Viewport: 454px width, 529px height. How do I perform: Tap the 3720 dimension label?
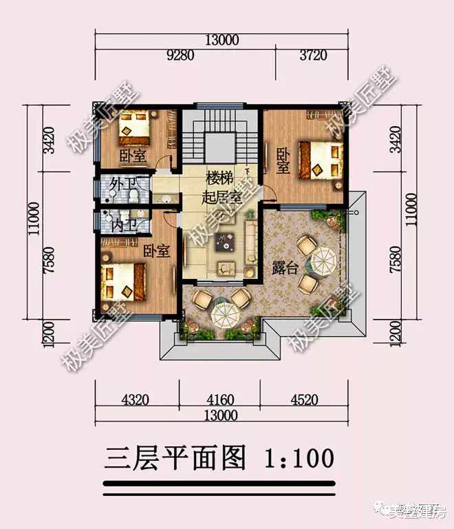pyautogui.click(x=310, y=54)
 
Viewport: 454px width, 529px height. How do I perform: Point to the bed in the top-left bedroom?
pyautogui.click(x=136, y=127)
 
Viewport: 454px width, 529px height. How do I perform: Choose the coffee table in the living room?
pyautogui.click(x=225, y=242)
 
